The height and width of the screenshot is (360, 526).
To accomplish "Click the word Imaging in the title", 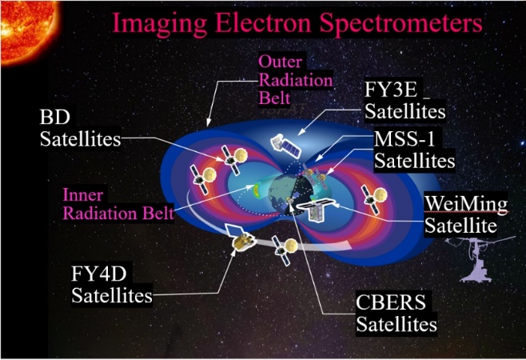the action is [x=159, y=23].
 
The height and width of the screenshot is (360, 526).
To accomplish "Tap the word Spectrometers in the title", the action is [x=400, y=23].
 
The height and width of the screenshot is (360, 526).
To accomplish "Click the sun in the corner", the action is [x=27, y=30].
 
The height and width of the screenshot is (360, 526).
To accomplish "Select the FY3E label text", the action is [x=390, y=90].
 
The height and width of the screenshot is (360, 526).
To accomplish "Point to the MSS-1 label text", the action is [x=404, y=138].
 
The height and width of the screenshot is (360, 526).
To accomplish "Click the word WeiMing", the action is [x=466, y=204].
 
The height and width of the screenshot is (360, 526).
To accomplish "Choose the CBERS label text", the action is [x=391, y=302].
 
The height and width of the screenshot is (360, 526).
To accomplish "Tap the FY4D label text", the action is [x=99, y=274].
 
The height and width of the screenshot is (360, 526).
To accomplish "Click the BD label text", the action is [x=55, y=117].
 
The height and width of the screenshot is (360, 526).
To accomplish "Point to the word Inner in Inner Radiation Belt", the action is [x=83, y=194].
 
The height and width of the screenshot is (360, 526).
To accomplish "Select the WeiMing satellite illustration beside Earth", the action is [x=316, y=210].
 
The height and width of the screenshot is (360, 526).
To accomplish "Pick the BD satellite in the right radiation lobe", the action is [x=373, y=199].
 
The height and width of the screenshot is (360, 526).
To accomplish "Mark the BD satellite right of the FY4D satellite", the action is [x=285, y=250].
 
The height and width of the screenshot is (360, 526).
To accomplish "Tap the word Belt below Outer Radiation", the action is [x=274, y=98].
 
